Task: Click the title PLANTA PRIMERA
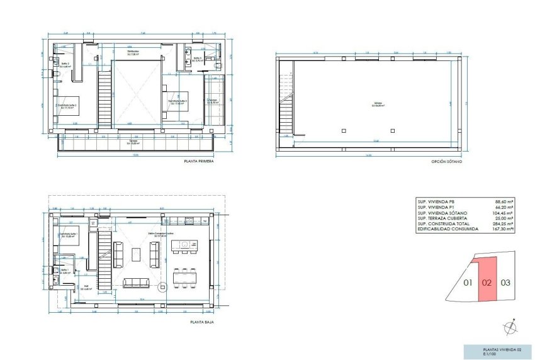point(198,162)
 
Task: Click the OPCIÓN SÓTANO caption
point(446,162)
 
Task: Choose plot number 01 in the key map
point(468,283)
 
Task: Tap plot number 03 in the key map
point(505,283)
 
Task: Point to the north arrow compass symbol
point(509,328)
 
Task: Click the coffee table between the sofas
point(137,254)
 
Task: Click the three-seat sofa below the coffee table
point(137,282)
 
